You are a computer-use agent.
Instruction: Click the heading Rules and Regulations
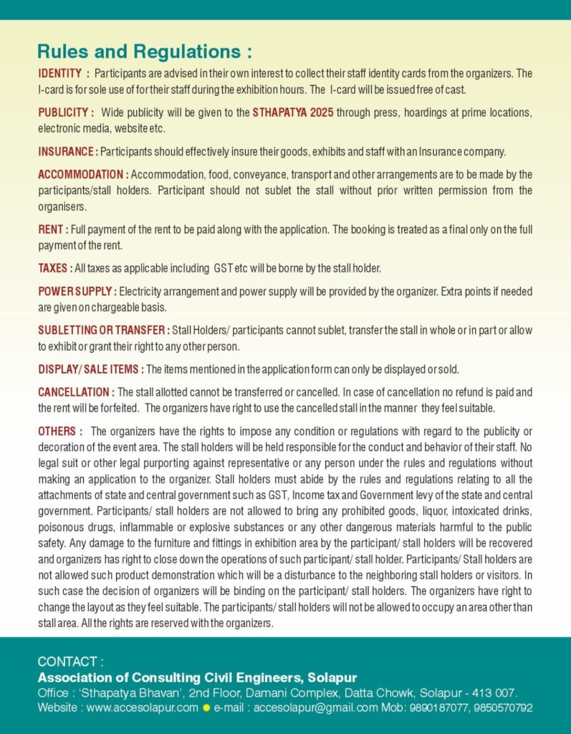click(x=144, y=52)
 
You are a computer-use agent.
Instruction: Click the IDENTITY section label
click(x=64, y=74)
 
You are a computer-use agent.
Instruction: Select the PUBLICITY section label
click(x=66, y=113)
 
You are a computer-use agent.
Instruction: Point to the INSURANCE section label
click(x=68, y=151)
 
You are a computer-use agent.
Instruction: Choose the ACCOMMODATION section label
click(x=83, y=174)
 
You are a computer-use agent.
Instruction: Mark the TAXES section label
click(x=55, y=268)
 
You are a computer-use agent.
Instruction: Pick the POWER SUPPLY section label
click(x=77, y=291)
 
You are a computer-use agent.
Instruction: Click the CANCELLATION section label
click(x=76, y=392)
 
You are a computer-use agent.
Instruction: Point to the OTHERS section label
click(x=60, y=431)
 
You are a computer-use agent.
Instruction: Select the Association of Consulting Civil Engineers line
click(x=197, y=677)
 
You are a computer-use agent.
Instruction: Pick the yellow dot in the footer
click(x=206, y=708)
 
